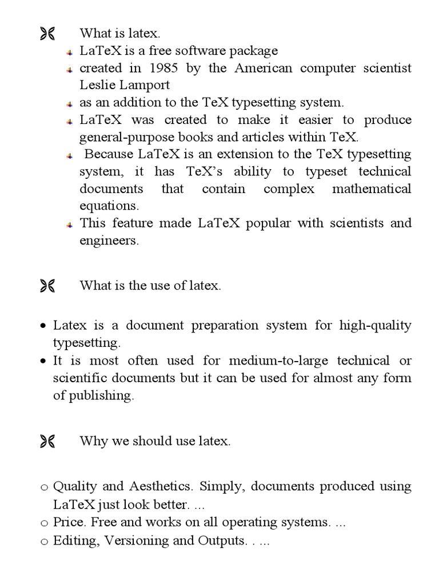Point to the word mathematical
[x=372, y=189]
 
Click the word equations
[x=109, y=206]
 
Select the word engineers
[x=109, y=241]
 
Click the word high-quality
[x=375, y=326]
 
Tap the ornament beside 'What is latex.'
[x=47, y=35]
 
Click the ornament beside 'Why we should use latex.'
[x=47, y=441]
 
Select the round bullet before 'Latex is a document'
[x=43, y=327]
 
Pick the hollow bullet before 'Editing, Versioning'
[x=44, y=541]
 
